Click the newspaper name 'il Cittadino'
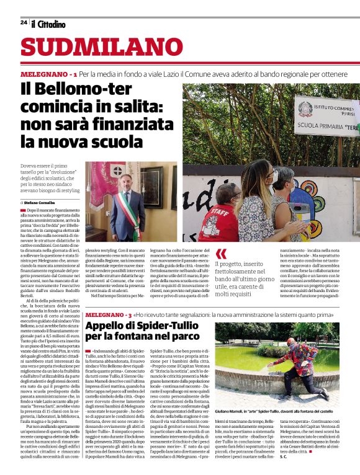[x=48, y=24]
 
